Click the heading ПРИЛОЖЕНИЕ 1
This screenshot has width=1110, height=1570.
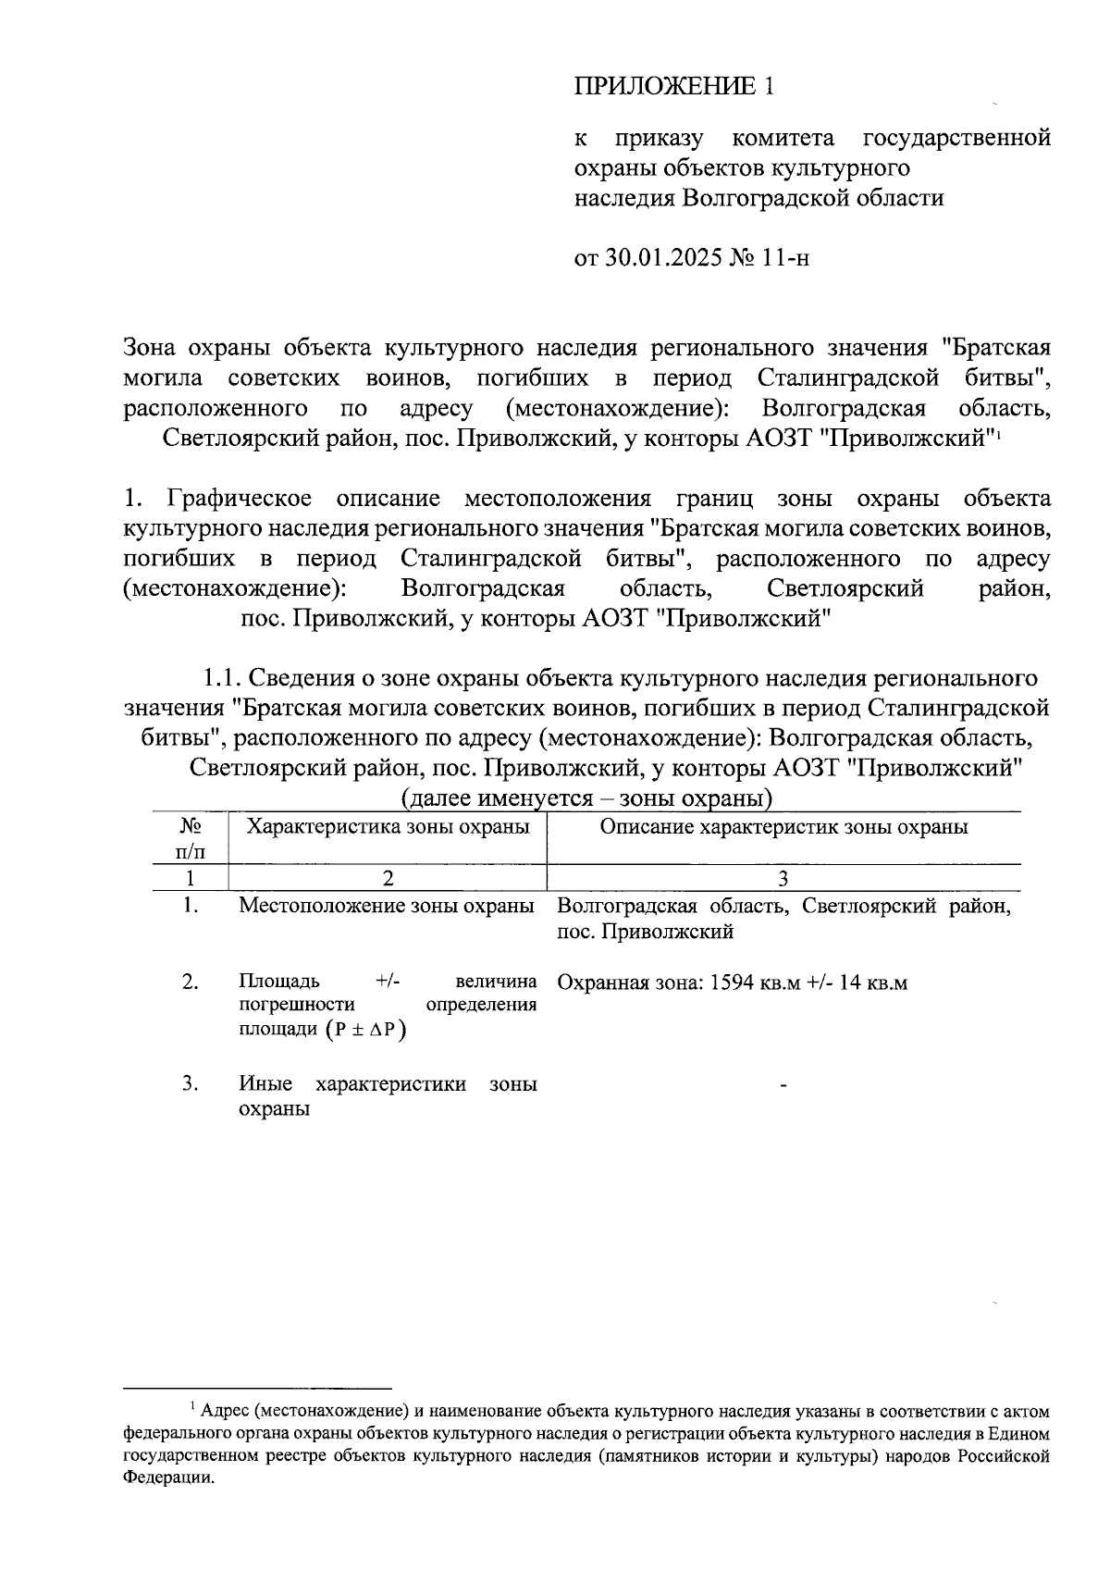tap(672, 87)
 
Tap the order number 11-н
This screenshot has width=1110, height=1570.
tap(786, 257)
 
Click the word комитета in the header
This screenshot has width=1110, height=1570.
tap(783, 139)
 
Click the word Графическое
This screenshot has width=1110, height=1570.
tap(240, 499)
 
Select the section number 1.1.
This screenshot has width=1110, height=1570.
tap(222, 678)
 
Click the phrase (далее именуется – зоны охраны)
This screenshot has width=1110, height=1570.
tap(586, 797)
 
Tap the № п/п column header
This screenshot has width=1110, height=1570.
tap(190, 837)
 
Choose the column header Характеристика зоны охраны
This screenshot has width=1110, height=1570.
tap(388, 826)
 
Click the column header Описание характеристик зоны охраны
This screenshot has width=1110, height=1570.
tap(783, 826)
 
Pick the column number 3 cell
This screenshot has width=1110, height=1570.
tap(783, 878)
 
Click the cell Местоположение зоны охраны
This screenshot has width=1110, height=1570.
tap(387, 906)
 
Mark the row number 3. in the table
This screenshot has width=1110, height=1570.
tap(190, 1083)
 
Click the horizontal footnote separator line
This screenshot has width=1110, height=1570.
tap(258, 1388)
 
